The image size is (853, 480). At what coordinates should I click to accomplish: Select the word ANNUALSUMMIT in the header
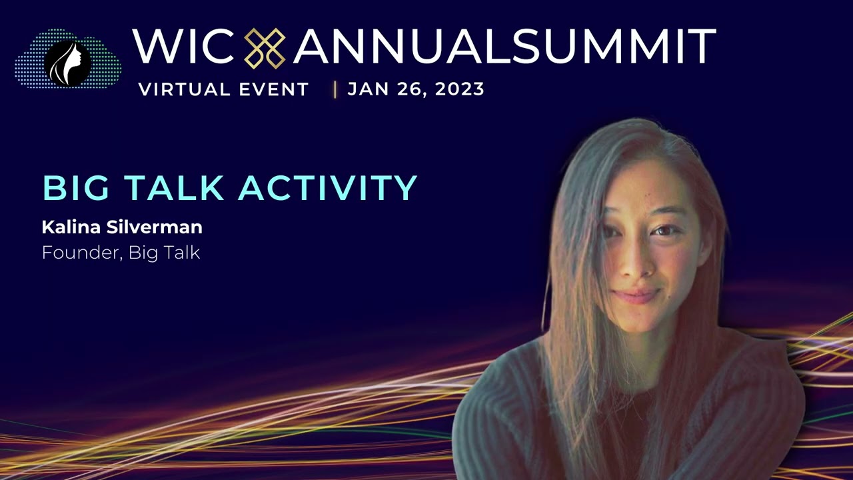(504, 47)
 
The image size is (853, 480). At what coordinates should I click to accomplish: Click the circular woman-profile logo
(67, 63)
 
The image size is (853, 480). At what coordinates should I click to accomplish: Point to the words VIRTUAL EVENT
(224, 89)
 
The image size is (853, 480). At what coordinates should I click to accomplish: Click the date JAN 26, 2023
(416, 89)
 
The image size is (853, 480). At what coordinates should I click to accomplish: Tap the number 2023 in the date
(460, 89)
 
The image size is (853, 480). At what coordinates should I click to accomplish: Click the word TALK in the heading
(174, 188)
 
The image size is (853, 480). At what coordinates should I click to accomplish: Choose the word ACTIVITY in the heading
(327, 188)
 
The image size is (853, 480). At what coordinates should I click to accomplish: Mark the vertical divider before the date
(335, 89)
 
